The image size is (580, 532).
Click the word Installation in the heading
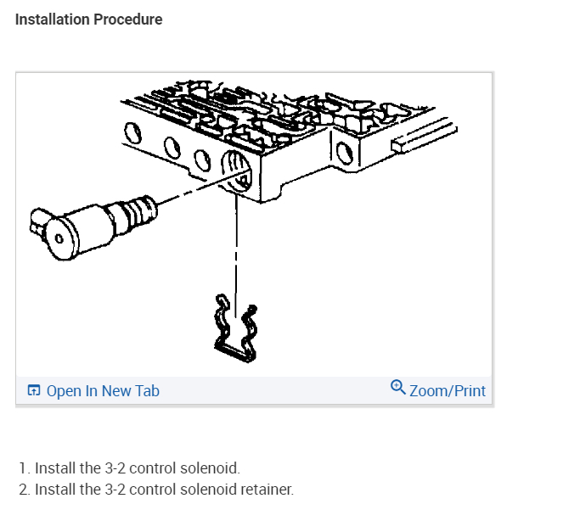(48, 20)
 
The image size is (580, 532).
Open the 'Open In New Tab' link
(102, 391)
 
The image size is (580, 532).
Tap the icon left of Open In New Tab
(34, 391)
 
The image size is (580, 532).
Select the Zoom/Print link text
(447, 391)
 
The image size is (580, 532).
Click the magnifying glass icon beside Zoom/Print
(397, 388)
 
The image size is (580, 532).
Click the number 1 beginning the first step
(23, 468)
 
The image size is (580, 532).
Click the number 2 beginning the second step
(23, 490)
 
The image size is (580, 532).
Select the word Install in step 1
(56, 468)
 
